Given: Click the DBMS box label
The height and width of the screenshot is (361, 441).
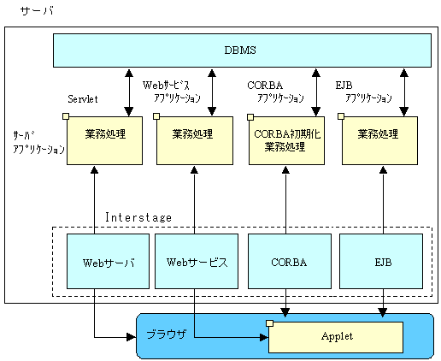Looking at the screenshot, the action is (240, 50).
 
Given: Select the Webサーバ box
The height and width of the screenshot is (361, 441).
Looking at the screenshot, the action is (108, 261).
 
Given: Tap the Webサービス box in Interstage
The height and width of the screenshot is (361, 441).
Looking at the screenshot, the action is (197, 261).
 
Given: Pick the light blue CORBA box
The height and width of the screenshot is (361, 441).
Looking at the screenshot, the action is (290, 261).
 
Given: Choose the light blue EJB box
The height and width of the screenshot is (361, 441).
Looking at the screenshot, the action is (381, 261).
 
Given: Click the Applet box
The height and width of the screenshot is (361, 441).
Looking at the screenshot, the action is (336, 337).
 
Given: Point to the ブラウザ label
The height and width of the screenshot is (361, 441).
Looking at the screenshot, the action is (167, 334).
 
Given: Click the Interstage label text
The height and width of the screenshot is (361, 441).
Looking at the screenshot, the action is (138, 217).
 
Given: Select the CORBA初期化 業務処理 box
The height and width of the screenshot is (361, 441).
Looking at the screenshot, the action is (286, 140).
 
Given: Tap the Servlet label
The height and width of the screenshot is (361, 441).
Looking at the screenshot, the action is (83, 99).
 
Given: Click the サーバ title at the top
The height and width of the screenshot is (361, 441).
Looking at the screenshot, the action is (37, 11).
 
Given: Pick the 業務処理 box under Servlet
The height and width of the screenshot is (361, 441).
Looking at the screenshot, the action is (104, 140).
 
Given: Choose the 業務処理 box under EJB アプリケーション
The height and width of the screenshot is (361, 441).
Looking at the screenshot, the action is (379, 140).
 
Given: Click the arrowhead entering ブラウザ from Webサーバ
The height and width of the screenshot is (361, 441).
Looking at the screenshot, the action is (131, 337).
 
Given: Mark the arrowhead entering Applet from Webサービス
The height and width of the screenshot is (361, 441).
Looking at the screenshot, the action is (264, 337).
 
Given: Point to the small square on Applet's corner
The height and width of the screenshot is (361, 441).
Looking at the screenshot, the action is (269, 323).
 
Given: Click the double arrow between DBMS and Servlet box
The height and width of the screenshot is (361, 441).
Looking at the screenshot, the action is (129, 92).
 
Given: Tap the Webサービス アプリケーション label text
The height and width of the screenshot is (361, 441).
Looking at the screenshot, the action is (172, 92).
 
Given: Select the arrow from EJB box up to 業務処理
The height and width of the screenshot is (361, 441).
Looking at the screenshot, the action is (384, 200).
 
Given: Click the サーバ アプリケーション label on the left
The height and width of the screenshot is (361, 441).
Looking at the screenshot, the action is (38, 143).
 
